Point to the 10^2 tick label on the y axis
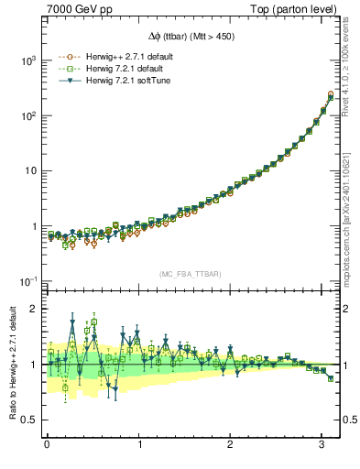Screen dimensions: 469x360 pos(27,115)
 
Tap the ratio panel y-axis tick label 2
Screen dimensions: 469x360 pos(33,309)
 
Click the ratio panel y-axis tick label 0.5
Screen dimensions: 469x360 pos(29,420)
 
